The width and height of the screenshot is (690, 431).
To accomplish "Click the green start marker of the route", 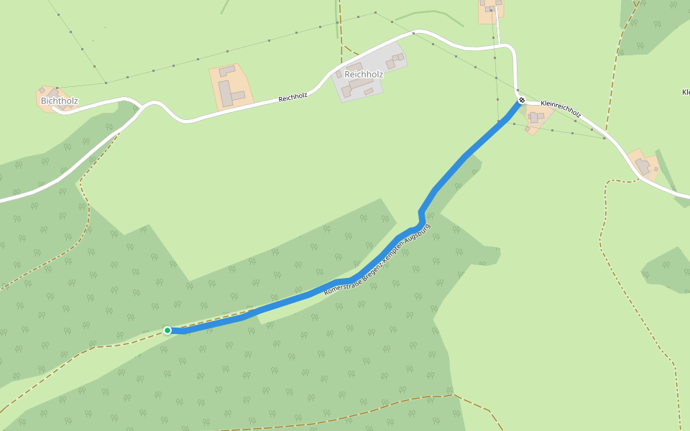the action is click(x=167, y=330).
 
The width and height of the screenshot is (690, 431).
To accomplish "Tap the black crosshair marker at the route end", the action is click(x=522, y=100).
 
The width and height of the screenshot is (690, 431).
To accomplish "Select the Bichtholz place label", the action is click(x=59, y=101).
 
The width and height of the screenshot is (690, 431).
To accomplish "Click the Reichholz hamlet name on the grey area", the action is click(x=364, y=74).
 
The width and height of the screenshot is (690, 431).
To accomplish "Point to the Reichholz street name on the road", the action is click(x=293, y=97).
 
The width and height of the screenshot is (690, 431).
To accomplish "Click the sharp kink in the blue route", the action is click(x=420, y=213).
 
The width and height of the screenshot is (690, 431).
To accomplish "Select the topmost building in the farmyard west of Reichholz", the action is click(x=227, y=70).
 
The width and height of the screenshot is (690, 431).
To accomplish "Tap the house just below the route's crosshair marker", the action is click(x=534, y=116).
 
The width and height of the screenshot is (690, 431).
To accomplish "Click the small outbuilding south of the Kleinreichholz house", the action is click(x=532, y=130).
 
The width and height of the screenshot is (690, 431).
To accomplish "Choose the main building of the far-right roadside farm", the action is click(x=643, y=167).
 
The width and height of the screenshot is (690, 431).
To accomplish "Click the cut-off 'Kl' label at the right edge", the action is click(x=685, y=92).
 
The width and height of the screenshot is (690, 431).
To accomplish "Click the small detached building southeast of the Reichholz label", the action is click(x=369, y=91).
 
